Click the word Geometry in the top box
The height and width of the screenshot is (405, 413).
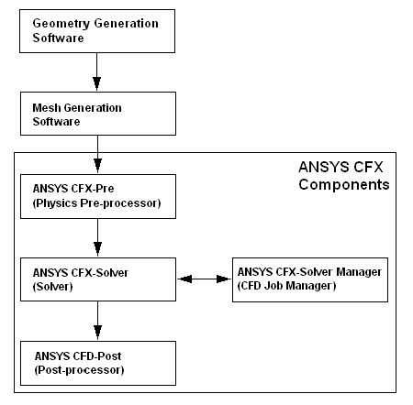[x=61, y=24]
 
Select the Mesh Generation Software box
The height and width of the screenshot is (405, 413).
[x=98, y=114]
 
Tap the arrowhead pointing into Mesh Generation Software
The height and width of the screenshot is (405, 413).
[x=96, y=83]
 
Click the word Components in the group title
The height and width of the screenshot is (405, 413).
[x=344, y=184]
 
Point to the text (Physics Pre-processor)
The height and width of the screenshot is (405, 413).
[x=96, y=203]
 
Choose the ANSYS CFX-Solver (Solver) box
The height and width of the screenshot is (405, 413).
[x=98, y=279]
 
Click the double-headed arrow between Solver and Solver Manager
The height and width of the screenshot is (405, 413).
[x=204, y=279]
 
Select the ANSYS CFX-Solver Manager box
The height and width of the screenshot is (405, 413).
[x=310, y=279]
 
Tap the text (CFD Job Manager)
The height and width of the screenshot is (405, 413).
[x=286, y=286]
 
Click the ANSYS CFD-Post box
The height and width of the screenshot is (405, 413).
[x=98, y=363]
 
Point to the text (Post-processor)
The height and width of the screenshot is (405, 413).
[x=79, y=370]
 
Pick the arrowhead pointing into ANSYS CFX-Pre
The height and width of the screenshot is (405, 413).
[x=97, y=166]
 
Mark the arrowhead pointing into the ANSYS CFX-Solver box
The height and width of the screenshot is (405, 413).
[x=97, y=249]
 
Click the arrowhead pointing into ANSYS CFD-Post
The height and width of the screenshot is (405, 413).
[x=97, y=333]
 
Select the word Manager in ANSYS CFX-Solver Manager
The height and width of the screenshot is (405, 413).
[x=359, y=272]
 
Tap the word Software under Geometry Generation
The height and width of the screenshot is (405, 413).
[x=58, y=38]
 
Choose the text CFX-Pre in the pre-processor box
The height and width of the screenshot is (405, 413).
[x=92, y=189]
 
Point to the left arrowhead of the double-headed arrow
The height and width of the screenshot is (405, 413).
[x=185, y=279]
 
